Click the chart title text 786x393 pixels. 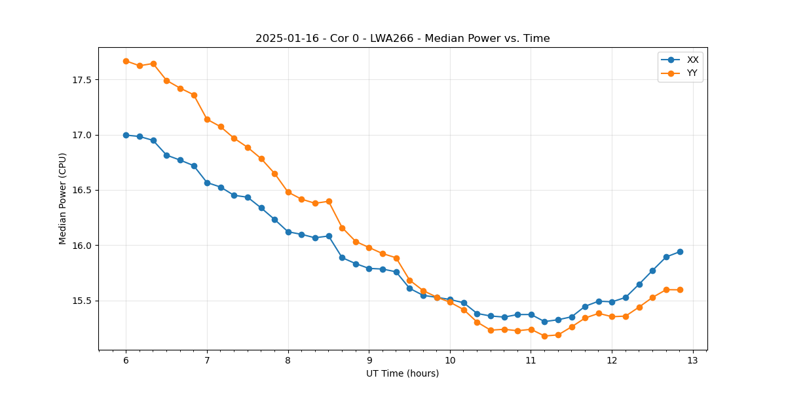click(402, 39)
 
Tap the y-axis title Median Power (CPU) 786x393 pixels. click(63, 198)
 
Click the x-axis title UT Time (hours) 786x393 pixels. click(402, 373)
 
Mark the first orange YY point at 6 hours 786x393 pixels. click(126, 61)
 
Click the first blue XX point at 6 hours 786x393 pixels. click(126, 135)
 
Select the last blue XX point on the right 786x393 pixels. click(680, 252)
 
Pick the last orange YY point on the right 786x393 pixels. click(680, 290)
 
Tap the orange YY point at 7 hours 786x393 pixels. click(207, 119)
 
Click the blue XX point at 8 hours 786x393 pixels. click(288, 232)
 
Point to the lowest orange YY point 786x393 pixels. click(544, 336)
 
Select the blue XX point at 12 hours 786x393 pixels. click(612, 302)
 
